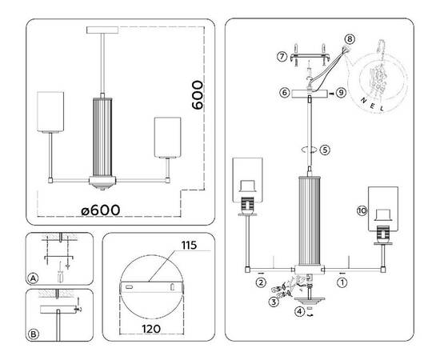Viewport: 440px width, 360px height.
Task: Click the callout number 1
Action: pyautogui.click(x=342, y=282)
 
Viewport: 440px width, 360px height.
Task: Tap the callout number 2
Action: pyautogui.click(x=261, y=282)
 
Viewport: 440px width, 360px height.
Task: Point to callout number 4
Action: pyautogui.click(x=298, y=312)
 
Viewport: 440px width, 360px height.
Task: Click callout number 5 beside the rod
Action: pyautogui.click(x=324, y=149)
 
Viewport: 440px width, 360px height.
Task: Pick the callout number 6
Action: pyautogui.click(x=283, y=93)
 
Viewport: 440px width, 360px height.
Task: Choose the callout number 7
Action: pyautogui.click(x=282, y=56)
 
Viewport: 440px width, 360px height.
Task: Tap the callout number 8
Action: pyautogui.click(x=349, y=38)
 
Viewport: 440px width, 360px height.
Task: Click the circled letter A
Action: pyautogui.click(x=33, y=278)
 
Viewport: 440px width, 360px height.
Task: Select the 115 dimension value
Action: pyautogui.click(x=189, y=244)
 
